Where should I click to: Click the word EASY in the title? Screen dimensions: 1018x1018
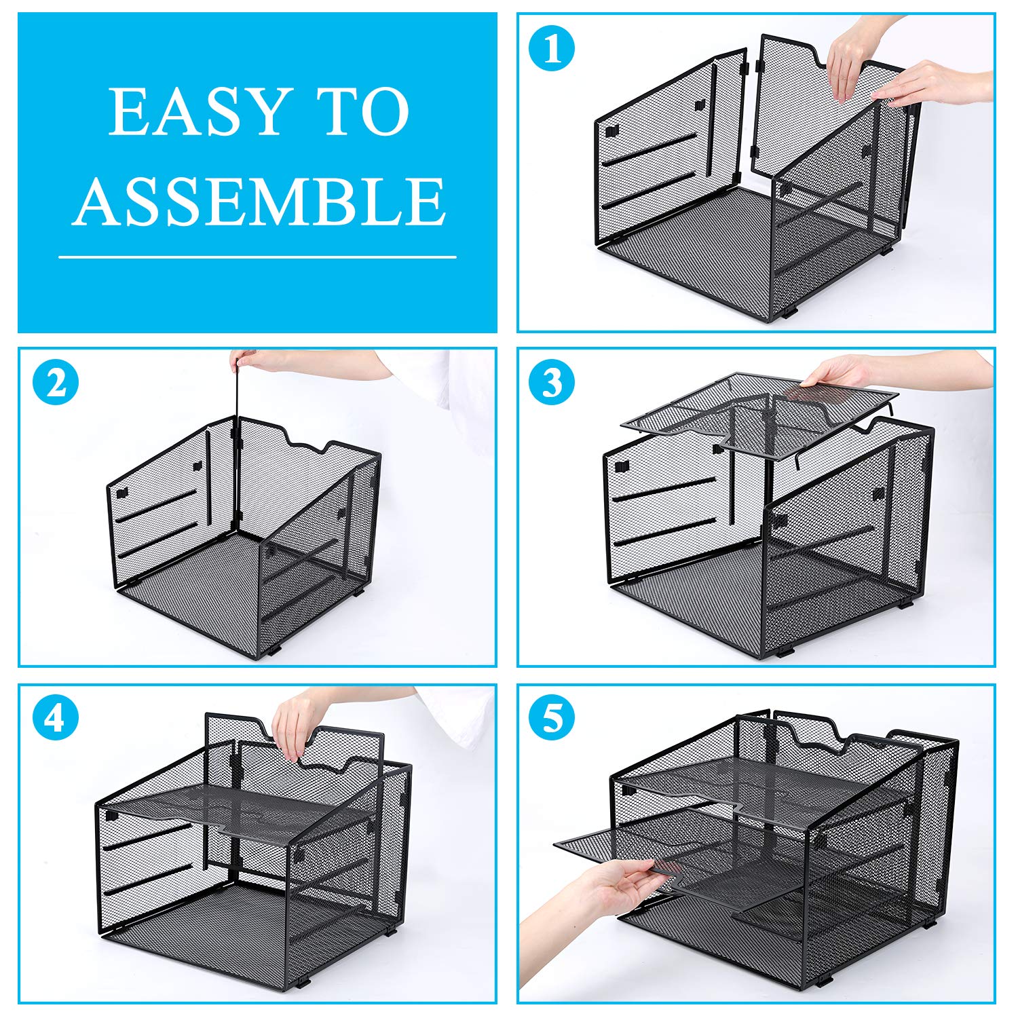click(x=197, y=112)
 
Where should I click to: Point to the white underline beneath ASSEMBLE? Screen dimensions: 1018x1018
click(x=257, y=257)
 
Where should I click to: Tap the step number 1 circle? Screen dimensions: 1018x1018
click(x=552, y=49)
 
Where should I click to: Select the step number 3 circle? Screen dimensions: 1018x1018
click(x=552, y=382)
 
